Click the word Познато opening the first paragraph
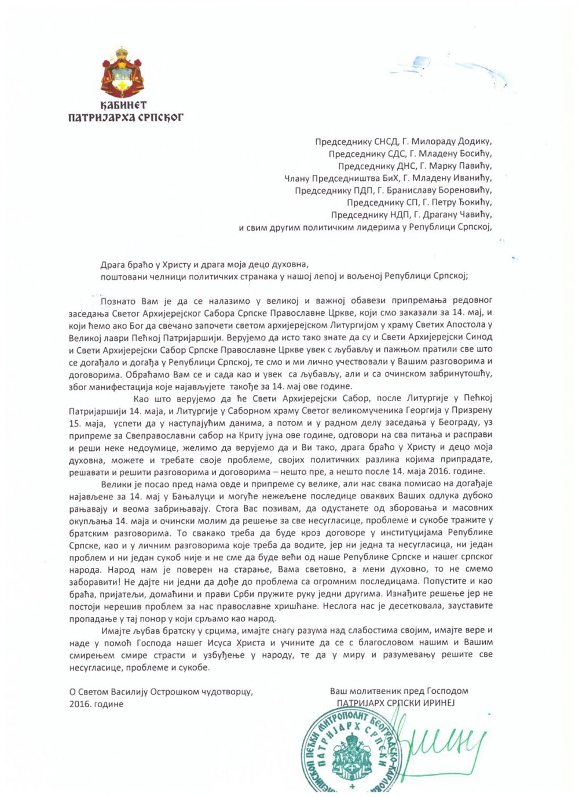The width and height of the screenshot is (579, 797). (x=118, y=301)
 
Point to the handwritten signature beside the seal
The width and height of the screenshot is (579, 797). (x=440, y=742)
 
